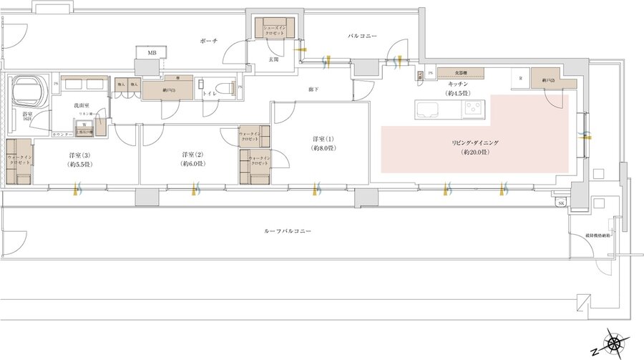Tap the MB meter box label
(x=152, y=53)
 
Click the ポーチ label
(x=209, y=42)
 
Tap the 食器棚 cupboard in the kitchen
(x=461, y=73)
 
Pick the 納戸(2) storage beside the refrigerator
(x=549, y=79)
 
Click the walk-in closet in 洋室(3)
(x=19, y=161)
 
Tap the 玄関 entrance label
(x=273, y=61)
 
